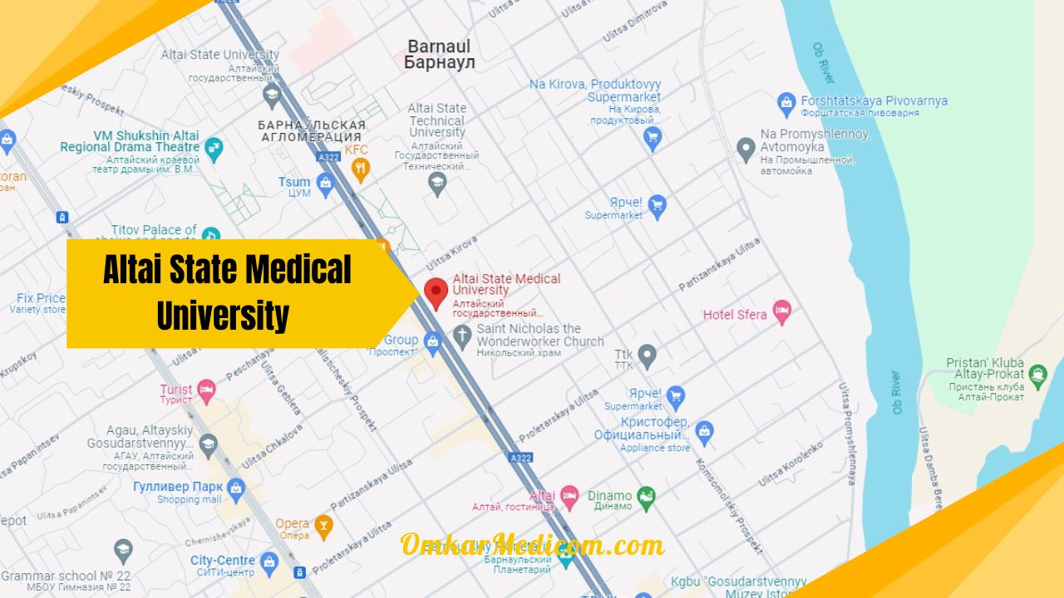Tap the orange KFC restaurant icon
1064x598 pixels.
point(360,169)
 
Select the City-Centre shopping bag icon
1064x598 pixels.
point(268,563)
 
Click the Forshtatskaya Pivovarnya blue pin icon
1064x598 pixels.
point(786,104)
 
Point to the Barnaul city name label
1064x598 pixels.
point(439,55)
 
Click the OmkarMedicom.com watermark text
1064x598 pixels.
point(532,545)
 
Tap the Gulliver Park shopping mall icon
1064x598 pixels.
point(236,489)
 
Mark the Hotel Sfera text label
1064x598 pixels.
point(735,315)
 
